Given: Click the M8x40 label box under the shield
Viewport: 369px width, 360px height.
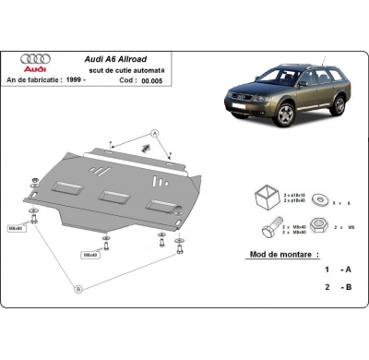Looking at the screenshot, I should [x=91, y=254].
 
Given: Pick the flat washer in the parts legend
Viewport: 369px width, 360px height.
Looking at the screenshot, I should [x=318, y=198].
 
